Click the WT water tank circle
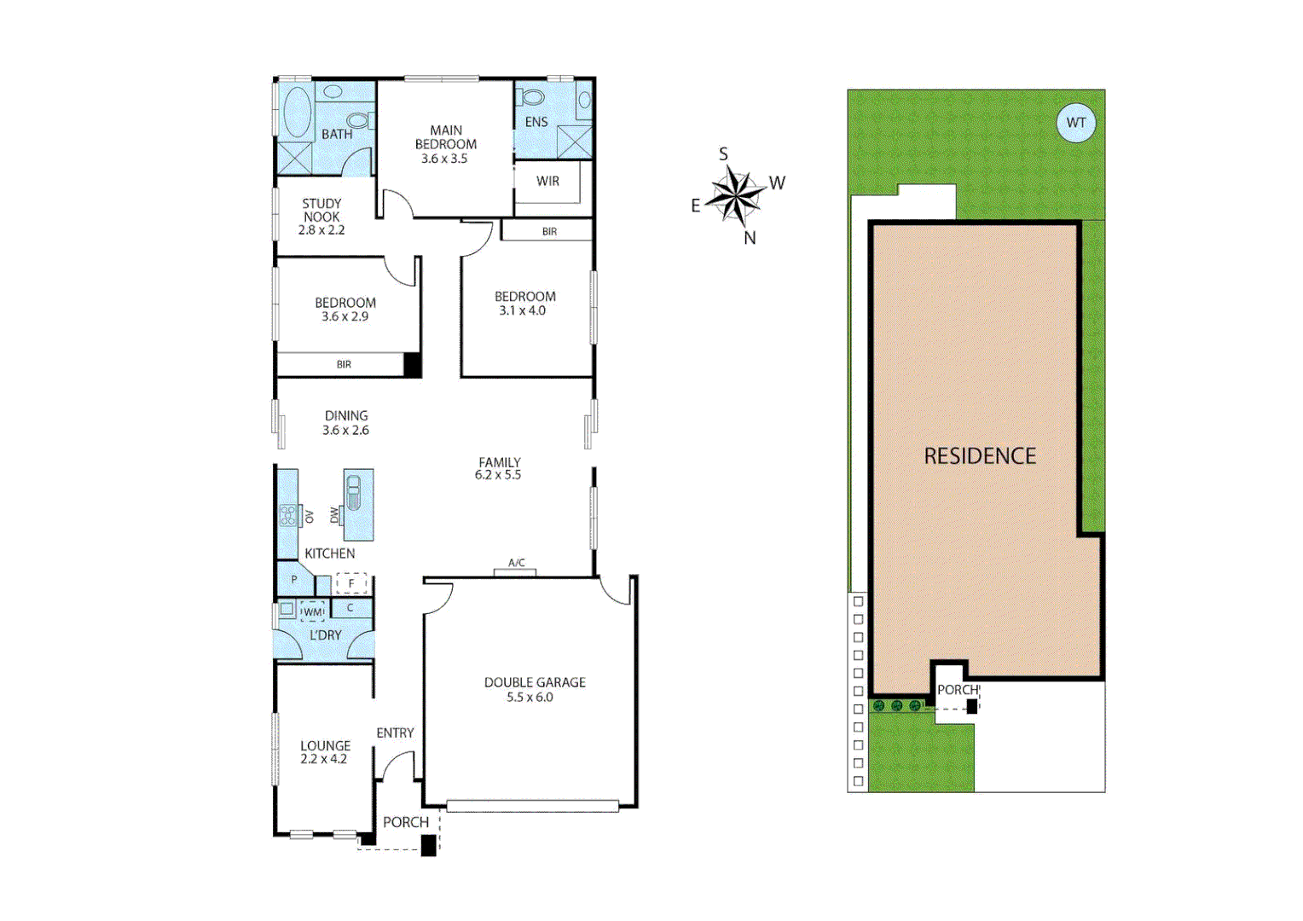pyautogui.click(x=1075, y=123)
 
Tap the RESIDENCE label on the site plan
pyautogui.click(x=980, y=456)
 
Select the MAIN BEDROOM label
pyautogui.click(x=445, y=137)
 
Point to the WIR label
pyautogui.click(x=547, y=181)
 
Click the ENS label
pyautogui.click(x=536, y=122)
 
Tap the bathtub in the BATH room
pyautogui.click(x=296, y=112)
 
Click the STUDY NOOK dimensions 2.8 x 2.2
pyautogui.click(x=321, y=230)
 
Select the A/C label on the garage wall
pyautogui.click(x=516, y=563)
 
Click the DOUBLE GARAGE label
pyautogui.click(x=535, y=682)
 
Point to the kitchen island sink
pyautogui.click(x=354, y=494)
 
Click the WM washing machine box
pyautogui.click(x=313, y=611)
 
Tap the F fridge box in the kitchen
pyautogui.click(x=351, y=584)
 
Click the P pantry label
pyautogui.click(x=294, y=580)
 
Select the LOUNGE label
pyautogui.click(x=325, y=745)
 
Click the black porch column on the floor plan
pyautogui.click(x=429, y=845)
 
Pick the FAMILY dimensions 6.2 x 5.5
pyautogui.click(x=498, y=475)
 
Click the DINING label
pyautogui.click(x=346, y=415)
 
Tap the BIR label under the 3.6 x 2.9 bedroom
pyautogui.click(x=344, y=364)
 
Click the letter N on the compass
pyautogui.click(x=750, y=238)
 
